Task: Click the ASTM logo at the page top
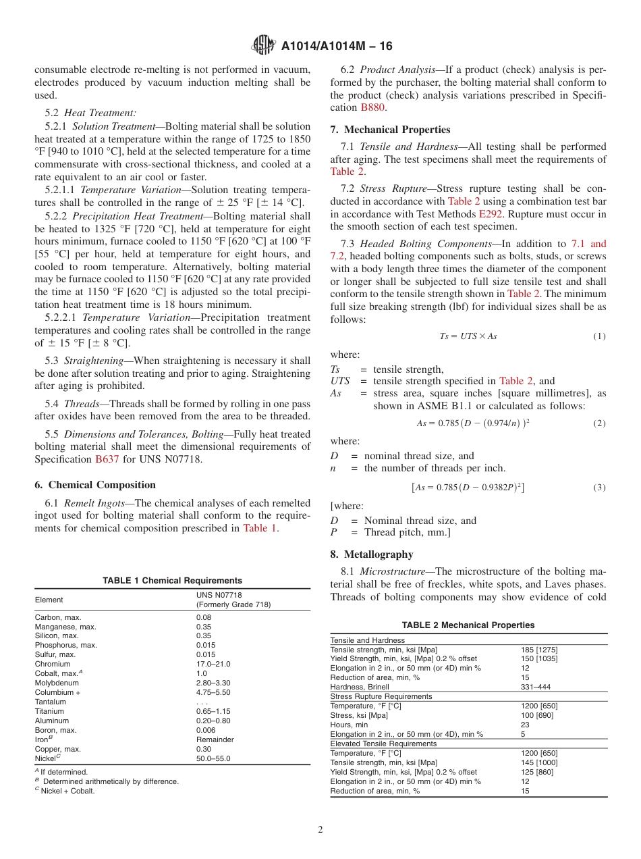[262, 45]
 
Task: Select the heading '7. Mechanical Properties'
[390, 130]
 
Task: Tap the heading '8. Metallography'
[371, 554]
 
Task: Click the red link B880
[373, 107]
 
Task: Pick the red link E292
[491, 214]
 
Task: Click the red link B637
[107, 459]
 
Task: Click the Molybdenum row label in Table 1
[56, 683]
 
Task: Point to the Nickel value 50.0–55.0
[213, 758]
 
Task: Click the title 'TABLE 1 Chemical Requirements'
[172, 581]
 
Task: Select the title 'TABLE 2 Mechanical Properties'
[468, 625]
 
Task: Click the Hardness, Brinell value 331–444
[535, 687]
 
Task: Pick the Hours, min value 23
[525, 725]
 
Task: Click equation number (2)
[599, 423]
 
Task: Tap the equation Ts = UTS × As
[468, 336]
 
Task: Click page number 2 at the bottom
[320, 830]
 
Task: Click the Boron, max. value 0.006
[206, 730]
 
